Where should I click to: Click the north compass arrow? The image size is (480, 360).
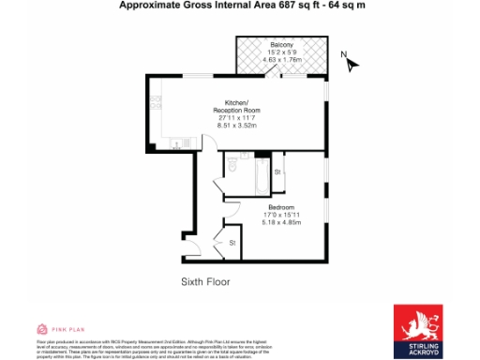(352, 64)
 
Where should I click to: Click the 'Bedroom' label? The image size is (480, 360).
(281, 207)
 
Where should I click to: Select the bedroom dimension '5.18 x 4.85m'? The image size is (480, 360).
(281, 223)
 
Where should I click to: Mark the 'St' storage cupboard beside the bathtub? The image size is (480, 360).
(277, 172)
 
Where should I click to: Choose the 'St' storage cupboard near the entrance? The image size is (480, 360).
(232, 244)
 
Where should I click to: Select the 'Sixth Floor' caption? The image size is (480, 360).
(205, 281)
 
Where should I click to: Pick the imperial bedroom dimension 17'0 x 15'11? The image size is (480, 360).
(281, 215)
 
